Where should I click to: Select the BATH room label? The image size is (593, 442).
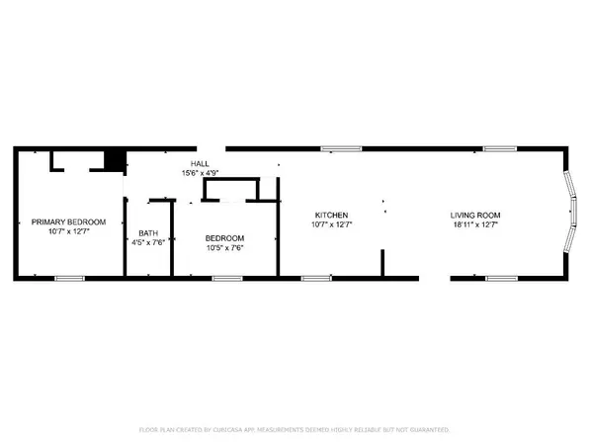click(147, 233)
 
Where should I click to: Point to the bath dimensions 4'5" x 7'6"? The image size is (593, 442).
click(147, 243)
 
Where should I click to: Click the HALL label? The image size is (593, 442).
click(200, 164)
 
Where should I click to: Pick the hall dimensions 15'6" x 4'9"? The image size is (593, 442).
click(200, 173)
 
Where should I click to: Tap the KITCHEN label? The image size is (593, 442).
click(332, 215)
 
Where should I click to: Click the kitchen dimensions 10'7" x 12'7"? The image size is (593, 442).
click(332, 224)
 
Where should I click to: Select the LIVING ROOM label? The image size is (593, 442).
click(475, 215)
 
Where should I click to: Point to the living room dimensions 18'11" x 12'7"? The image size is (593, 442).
click(475, 224)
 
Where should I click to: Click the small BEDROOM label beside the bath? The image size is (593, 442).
click(224, 238)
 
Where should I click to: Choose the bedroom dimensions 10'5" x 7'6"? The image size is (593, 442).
click(224, 248)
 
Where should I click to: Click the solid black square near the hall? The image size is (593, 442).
click(117, 159)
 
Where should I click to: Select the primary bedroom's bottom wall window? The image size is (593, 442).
click(69, 278)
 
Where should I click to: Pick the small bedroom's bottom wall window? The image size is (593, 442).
click(227, 278)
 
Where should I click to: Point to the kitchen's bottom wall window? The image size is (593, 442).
click(315, 278)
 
